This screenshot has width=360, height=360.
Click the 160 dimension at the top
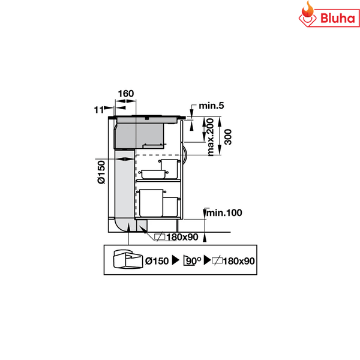point(126,94)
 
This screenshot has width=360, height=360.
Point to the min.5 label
point(212,106)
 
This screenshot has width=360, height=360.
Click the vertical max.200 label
point(210,137)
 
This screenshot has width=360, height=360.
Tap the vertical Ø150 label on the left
point(101,173)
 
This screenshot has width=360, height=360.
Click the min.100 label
point(224,212)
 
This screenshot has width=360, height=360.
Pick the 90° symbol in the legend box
point(191,260)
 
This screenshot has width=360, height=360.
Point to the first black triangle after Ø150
point(176,260)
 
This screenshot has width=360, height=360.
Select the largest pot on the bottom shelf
point(151,202)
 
